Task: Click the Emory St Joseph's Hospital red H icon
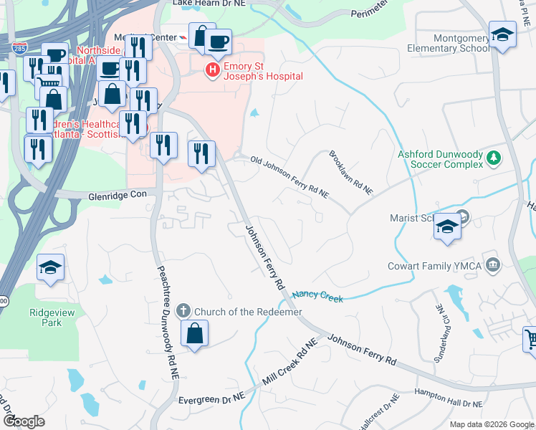(x=212, y=70)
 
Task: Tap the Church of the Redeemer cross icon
(x=183, y=311)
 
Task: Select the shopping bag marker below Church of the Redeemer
(x=194, y=334)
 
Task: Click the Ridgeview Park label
(x=46, y=317)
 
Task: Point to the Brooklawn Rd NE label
(x=351, y=173)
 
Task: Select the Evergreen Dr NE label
(x=213, y=396)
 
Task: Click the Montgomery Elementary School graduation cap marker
(x=502, y=35)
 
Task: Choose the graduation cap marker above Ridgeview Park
(x=51, y=269)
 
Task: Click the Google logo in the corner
(x=24, y=421)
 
